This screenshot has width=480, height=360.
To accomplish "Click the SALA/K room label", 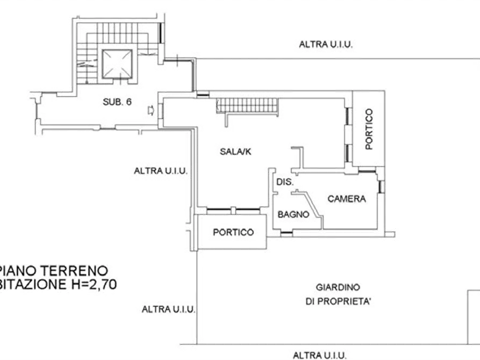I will pos(235,152).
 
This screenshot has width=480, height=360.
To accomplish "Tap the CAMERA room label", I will pos(347,199).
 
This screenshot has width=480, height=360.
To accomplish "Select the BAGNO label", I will pos(293,214).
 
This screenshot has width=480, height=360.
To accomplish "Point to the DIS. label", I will pos(284,183).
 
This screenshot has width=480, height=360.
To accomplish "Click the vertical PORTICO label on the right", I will pos(368,129).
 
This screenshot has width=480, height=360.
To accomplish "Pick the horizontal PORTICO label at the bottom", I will pos(233,232).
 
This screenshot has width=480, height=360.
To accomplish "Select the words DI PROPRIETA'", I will pos(338,302).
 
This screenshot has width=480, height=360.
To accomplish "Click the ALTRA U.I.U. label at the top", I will pos(326,45).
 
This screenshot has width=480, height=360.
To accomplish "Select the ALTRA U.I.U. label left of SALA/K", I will pos(160,171).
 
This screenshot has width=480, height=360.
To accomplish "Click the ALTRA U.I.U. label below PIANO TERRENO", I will pos(168,309).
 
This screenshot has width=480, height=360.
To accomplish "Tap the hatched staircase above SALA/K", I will pos(248,105).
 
